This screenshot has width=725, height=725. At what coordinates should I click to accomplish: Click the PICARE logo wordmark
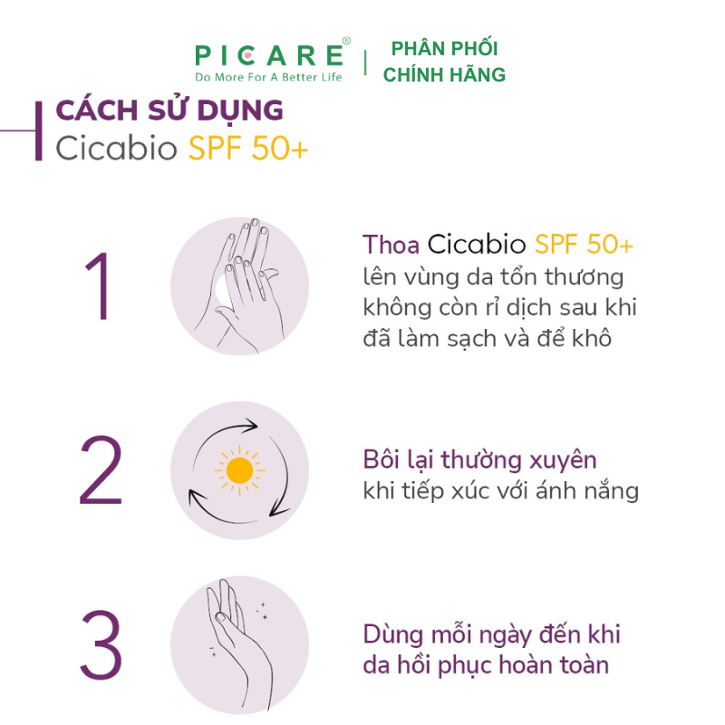tap(269, 55)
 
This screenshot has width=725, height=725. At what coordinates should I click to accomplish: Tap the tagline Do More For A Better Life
tap(268, 77)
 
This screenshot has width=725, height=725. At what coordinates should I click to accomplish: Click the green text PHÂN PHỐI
tap(444, 48)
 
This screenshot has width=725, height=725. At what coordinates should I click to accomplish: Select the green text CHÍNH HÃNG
tap(444, 74)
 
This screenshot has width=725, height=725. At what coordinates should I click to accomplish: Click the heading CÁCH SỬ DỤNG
tap(169, 111)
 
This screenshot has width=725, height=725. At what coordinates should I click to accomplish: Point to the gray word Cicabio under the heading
tap(117, 149)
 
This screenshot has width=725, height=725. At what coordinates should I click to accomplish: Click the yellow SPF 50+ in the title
tap(247, 149)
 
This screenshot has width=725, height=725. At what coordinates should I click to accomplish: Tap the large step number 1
tap(98, 285)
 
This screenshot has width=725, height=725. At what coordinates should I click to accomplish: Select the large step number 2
tap(101, 469)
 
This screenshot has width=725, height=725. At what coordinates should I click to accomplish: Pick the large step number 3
tap(101, 644)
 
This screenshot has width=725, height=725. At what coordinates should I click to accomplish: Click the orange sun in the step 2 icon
tap(239, 470)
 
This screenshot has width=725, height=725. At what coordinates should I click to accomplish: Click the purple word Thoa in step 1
tap(391, 244)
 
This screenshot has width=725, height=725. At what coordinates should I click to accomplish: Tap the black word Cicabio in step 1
tap(477, 244)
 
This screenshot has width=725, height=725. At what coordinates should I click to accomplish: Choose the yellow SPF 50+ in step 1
tap(584, 244)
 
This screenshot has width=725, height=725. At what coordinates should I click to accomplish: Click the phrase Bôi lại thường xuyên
tap(479, 460)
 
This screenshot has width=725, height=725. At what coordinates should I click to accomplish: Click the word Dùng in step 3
tap(393, 635)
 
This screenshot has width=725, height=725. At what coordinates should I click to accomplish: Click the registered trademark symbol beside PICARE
tap(346, 41)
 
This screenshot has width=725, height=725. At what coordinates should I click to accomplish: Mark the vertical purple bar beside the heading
tap(39, 130)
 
